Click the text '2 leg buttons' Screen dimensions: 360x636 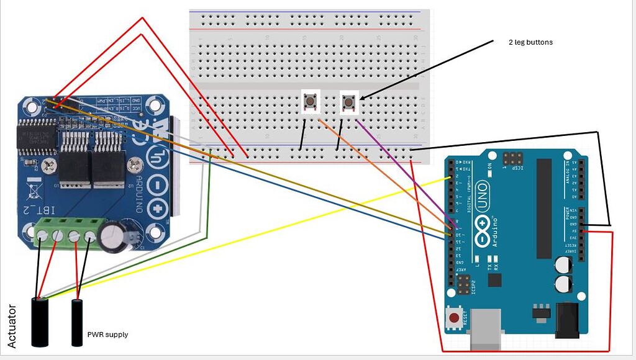pyautogui.click(x=530, y=42)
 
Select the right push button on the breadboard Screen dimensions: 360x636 pyautogui.click(x=350, y=101)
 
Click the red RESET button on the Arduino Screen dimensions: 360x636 pyautogui.click(x=455, y=319)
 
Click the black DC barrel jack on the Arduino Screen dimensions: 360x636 pyautogui.click(x=567, y=320)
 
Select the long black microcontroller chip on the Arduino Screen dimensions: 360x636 pyautogui.click(x=543, y=207)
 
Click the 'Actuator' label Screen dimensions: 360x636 pyautogui.click(x=11, y=326)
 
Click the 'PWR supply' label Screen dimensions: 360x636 pyautogui.click(x=107, y=335)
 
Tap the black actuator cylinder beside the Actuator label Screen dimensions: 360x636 pyautogui.click(x=40, y=322)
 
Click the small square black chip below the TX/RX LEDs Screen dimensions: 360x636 pyautogui.click(x=495, y=281)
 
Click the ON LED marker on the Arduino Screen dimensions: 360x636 pyautogui.click(x=490, y=166)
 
